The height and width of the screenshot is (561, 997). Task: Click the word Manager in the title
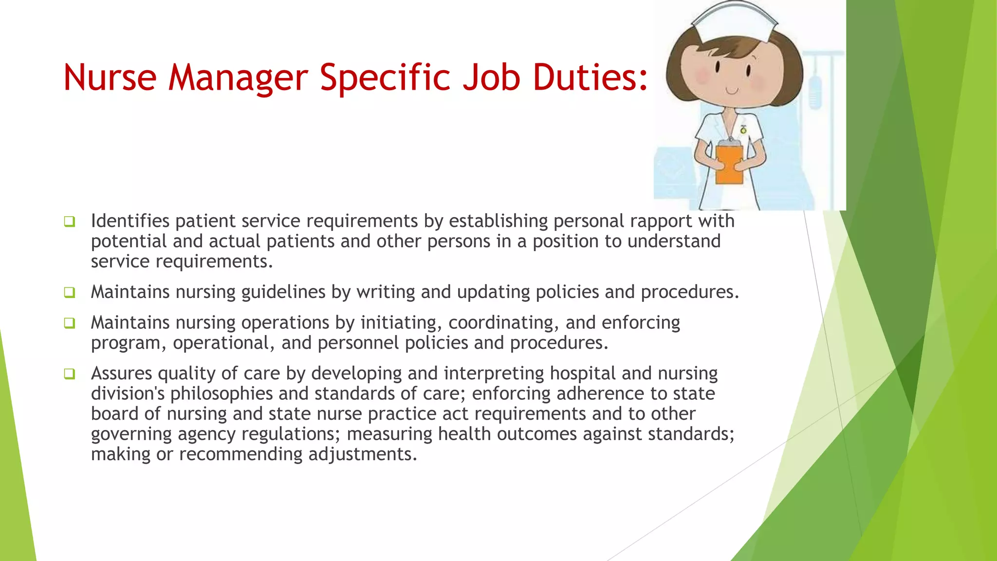(238, 78)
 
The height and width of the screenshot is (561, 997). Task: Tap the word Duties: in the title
(591, 78)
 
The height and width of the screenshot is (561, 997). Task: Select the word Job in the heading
(491, 78)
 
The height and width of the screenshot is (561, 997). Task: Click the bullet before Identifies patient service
(70, 222)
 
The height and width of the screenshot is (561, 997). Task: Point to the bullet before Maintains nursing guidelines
(70, 293)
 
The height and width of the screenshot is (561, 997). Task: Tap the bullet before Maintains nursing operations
(70, 323)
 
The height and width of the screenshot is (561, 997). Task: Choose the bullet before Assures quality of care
(70, 374)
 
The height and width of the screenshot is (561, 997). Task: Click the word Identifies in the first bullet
(130, 221)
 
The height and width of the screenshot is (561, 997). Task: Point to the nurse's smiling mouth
(732, 91)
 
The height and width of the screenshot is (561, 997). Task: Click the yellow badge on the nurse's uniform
(743, 130)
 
